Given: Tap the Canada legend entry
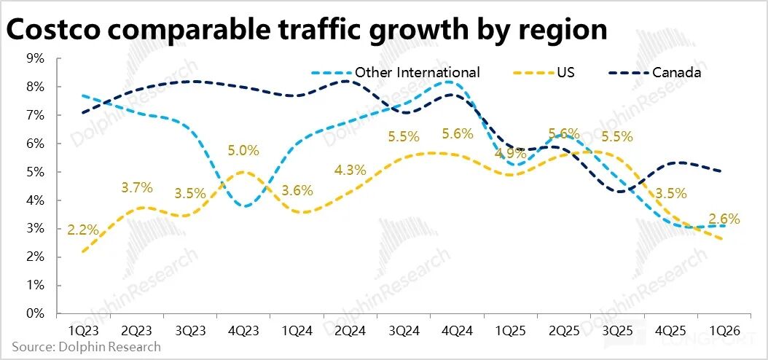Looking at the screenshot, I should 676,72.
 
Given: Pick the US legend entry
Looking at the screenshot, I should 566,72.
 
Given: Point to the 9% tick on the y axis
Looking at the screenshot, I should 36,58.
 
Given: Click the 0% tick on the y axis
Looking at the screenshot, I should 36,314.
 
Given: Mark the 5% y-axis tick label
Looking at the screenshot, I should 36,172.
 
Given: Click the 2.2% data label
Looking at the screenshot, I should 82,230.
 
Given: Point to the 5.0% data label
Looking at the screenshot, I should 243,151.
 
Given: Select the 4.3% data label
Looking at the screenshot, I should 350,170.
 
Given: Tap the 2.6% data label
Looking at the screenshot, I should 724,218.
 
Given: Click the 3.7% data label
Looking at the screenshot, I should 137,187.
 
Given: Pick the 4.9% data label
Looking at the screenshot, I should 510,154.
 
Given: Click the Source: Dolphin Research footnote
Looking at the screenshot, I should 86,347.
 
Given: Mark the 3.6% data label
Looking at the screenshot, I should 297,191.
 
